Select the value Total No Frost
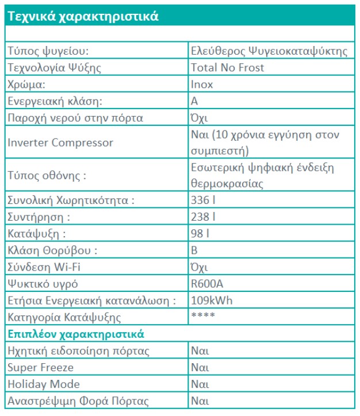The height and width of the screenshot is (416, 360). pyautogui.click(x=227, y=68)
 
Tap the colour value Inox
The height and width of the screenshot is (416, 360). pyautogui.click(x=202, y=84)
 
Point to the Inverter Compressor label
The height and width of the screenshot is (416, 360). pyautogui.click(x=60, y=142)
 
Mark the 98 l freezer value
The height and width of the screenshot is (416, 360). pyautogui.click(x=200, y=234)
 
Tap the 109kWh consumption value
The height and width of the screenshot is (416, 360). pyautogui.click(x=212, y=301)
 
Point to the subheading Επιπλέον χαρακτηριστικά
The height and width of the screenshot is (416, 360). pyautogui.click(x=75, y=334)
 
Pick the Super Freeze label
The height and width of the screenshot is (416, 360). pyautogui.click(x=40, y=367)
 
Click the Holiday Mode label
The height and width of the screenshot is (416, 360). pyautogui.click(x=44, y=384)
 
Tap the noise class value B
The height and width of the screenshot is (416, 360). pyautogui.click(x=194, y=251)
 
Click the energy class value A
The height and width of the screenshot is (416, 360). pyautogui.click(x=194, y=101)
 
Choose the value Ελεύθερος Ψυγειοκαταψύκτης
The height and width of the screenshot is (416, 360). pyautogui.click(x=269, y=51)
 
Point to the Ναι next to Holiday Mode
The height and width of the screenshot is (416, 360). pyautogui.click(x=200, y=384)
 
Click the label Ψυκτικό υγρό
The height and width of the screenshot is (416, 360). pyautogui.click(x=43, y=284)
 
